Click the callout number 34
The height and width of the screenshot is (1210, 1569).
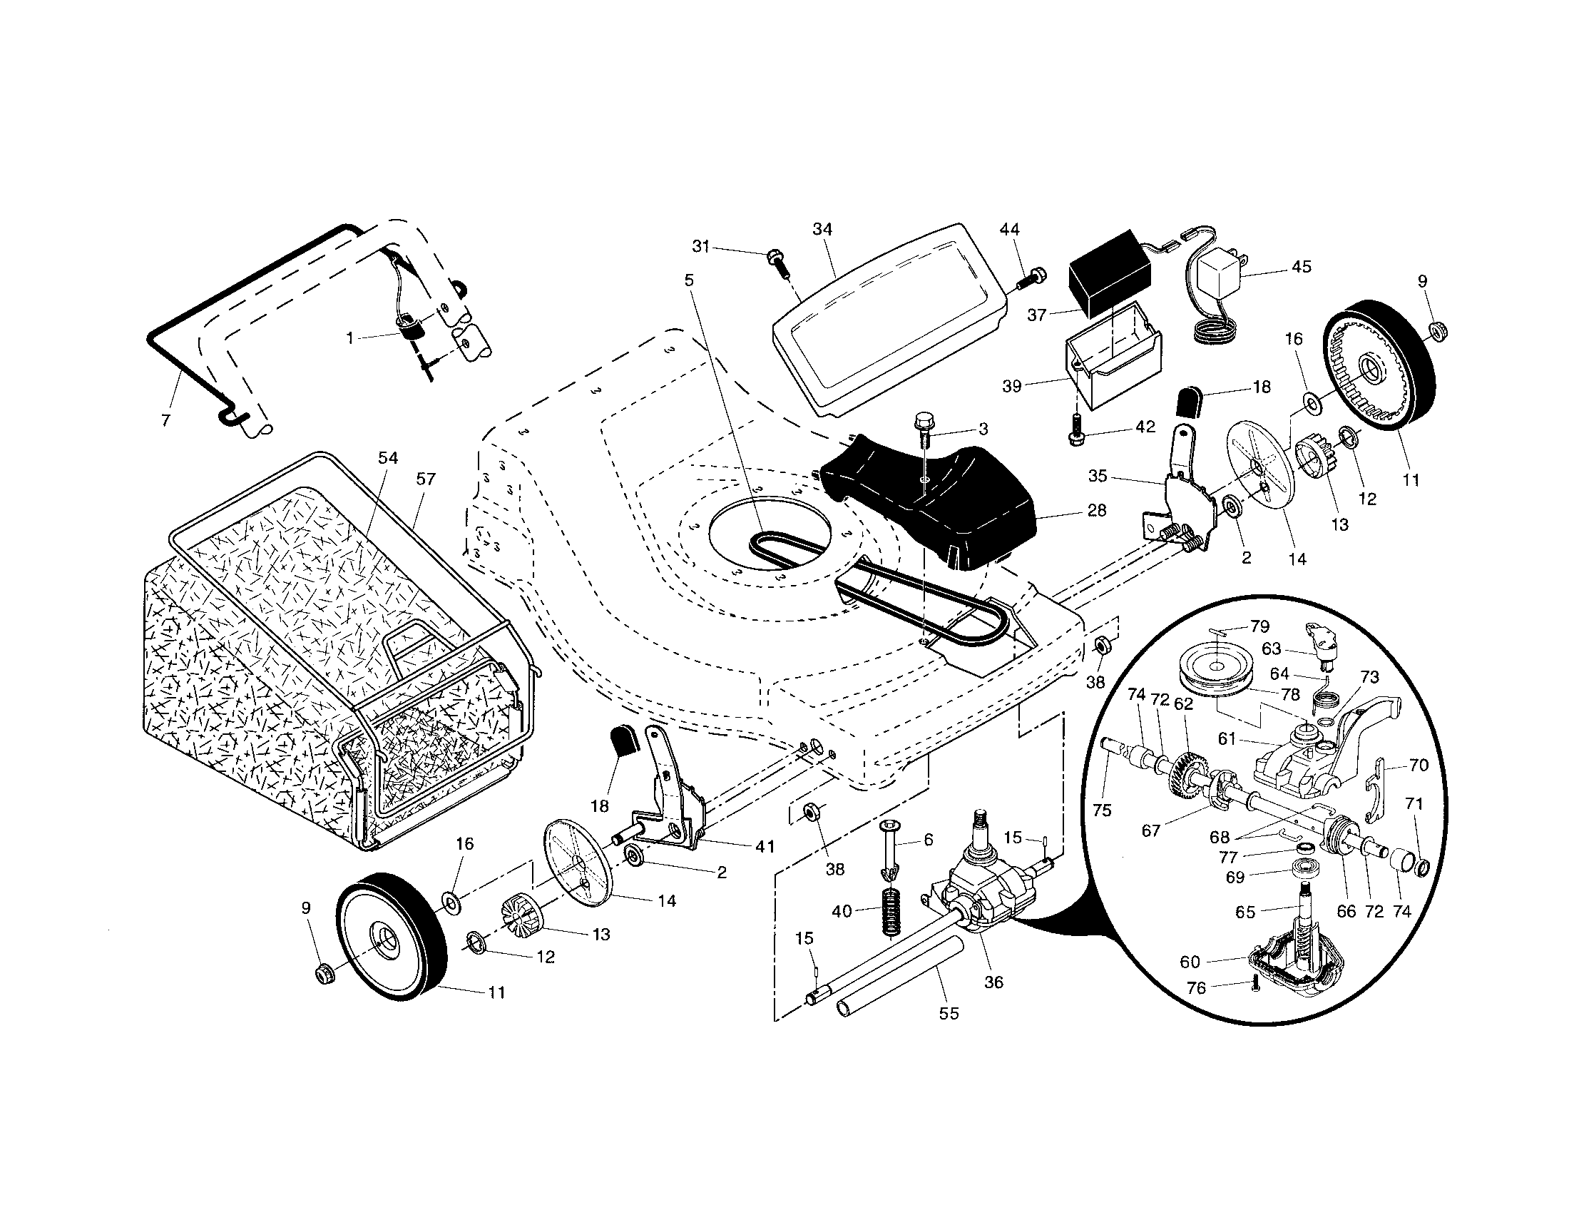coord(822,229)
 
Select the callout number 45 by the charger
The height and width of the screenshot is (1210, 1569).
coord(1301,267)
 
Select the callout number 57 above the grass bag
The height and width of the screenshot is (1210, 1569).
coord(426,479)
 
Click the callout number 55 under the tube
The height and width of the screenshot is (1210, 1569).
coord(949,1014)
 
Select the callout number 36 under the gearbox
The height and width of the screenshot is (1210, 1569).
coord(993,982)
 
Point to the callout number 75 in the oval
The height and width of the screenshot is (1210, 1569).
coord(1102,810)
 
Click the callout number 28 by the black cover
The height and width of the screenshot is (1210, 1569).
coord(1097,510)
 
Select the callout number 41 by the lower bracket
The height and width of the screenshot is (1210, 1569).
coord(765,847)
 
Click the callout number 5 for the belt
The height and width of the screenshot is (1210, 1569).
coord(690,280)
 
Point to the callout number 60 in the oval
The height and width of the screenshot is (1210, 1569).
coord(1190,962)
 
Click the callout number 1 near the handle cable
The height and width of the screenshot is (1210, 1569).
coord(350,337)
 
